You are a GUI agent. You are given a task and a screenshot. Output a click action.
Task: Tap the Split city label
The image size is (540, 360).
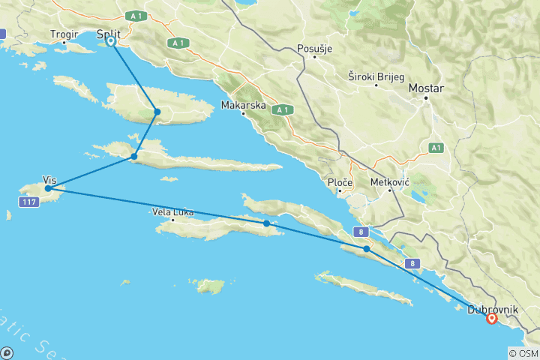pyautogui.click(x=109, y=33)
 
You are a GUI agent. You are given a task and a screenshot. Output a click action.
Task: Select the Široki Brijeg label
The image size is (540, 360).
pyautogui.click(x=376, y=76)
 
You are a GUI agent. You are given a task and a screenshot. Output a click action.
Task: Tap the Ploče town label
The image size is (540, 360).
pyautogui.click(x=340, y=182)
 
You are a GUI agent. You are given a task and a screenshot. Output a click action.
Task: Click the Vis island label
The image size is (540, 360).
pyautogui.click(x=50, y=181)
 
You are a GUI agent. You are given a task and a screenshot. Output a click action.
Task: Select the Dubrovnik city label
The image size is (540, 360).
pyautogui.click(x=491, y=308)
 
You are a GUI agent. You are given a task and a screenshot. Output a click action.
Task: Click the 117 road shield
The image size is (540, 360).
pyautogui.click(x=29, y=202)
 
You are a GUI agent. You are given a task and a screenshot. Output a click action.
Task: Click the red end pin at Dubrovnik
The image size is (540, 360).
pyautogui.click(x=491, y=318)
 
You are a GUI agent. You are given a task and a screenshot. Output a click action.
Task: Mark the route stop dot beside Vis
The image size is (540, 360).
pyautogui.click(x=48, y=189)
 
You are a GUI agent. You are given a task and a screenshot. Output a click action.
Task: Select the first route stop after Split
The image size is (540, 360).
pyautogui.click(x=157, y=112)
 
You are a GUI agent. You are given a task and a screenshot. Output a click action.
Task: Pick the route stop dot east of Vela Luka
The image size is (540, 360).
pyautogui.click(x=267, y=223)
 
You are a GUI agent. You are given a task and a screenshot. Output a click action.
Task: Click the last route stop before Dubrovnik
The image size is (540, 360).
pyautogui.click(x=366, y=249)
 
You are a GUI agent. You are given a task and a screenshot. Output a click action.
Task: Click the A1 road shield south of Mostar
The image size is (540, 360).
pyautogui.click(x=436, y=148)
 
